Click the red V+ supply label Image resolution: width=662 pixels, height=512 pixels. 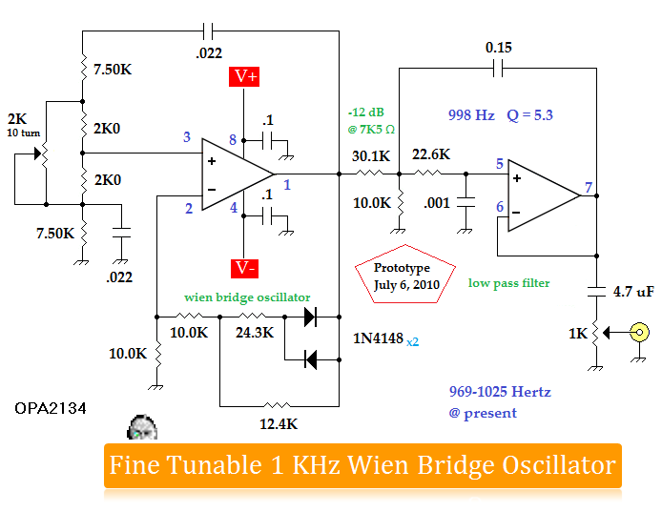click(x=244, y=77)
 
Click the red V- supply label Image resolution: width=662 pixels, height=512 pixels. click(x=244, y=269)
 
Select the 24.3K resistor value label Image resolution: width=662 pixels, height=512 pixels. click(x=255, y=333)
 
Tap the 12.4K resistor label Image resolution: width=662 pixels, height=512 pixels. click(x=279, y=423)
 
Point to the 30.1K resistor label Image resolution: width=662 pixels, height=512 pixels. click(x=371, y=156)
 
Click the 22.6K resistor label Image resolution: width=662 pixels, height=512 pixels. click(x=431, y=154)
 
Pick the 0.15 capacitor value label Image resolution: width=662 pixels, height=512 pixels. click(x=499, y=48)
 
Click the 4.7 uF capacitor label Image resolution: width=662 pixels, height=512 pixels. click(x=633, y=291)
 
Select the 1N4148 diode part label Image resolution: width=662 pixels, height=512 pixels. click(x=379, y=338)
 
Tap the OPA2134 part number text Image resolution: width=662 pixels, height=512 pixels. click(x=51, y=408)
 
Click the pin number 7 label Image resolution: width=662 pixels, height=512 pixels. click(x=589, y=187)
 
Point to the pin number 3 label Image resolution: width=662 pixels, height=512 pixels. click(x=187, y=136)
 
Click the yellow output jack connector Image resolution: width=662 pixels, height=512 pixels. click(x=640, y=332)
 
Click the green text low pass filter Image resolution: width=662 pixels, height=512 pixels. click(x=509, y=283)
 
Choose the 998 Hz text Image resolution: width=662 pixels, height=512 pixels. click(x=471, y=114)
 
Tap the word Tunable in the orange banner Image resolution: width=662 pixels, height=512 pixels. click(x=215, y=465)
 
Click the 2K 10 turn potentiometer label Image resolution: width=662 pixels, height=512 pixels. click(x=24, y=125)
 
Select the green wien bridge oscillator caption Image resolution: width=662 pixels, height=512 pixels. click(x=247, y=297)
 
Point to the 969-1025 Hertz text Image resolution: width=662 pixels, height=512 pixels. click(x=500, y=392)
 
